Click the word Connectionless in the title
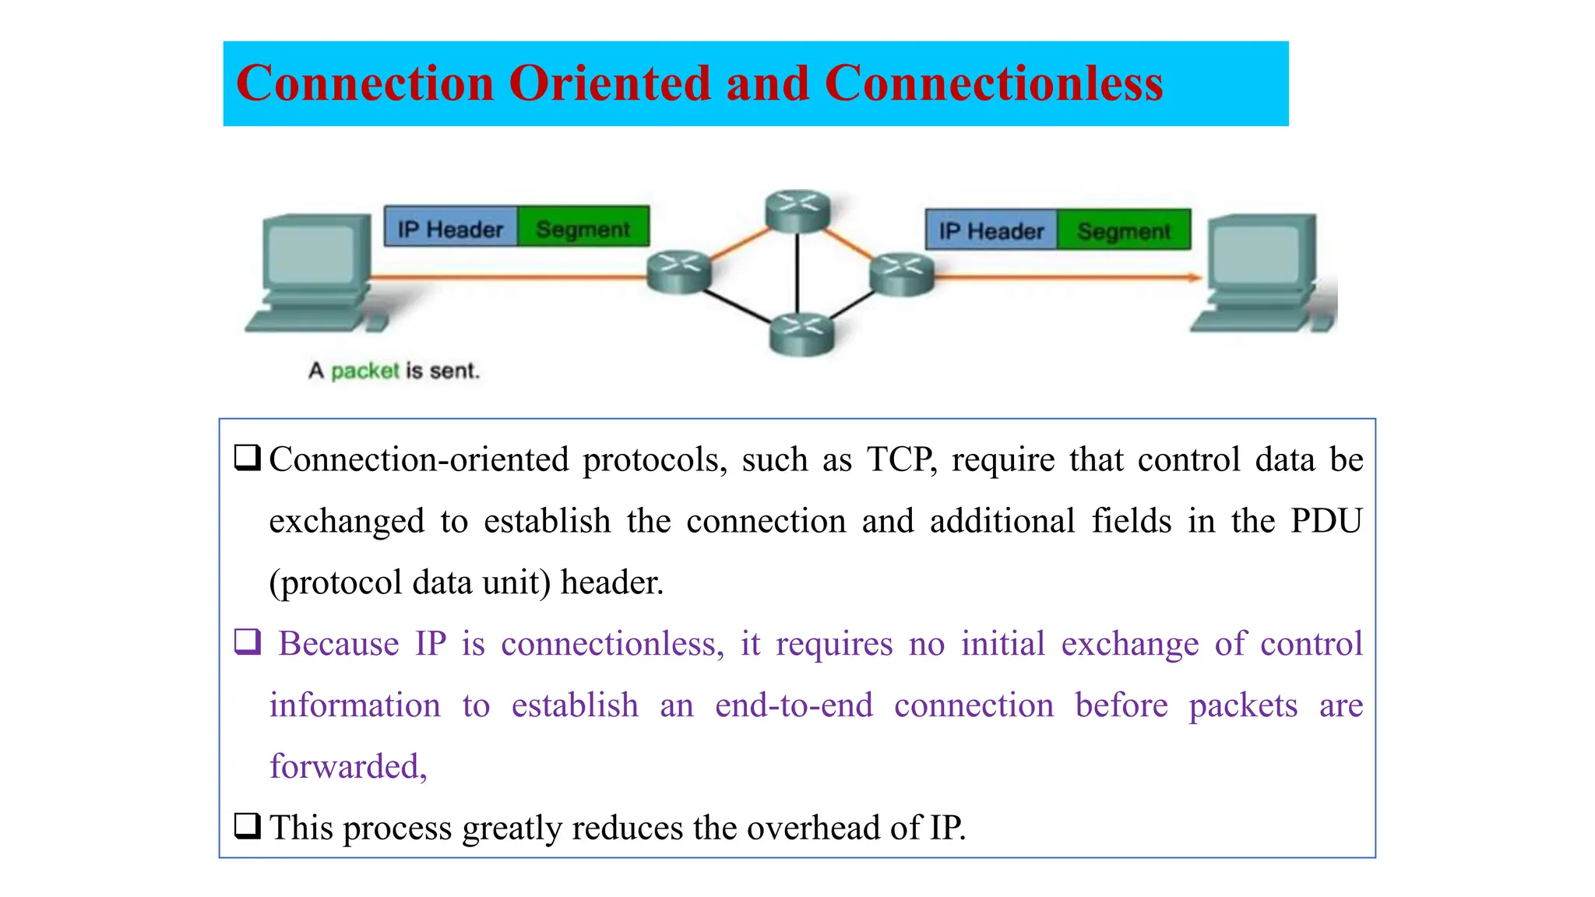tap(993, 83)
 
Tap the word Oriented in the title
tap(610, 83)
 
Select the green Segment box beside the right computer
tap(1124, 230)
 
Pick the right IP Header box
tap(991, 230)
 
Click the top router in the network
tap(797, 211)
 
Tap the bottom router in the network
tap(801, 334)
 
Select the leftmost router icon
tap(679, 272)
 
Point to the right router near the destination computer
tap(902, 274)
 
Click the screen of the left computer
tap(313, 252)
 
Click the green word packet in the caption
tap(364, 371)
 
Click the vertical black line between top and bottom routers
tap(797, 273)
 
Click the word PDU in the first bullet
tap(1326, 521)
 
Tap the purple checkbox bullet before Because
tap(248, 642)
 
